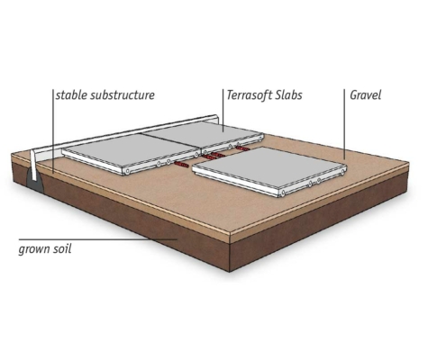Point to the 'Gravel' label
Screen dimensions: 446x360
pos(365,95)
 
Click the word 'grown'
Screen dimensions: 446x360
pos(33,249)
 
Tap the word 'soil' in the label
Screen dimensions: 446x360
pos(61,248)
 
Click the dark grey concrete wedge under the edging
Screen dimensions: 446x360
pos(35,180)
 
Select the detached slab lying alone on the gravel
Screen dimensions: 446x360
pos(269,170)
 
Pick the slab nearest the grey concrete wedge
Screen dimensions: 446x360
pos(131,153)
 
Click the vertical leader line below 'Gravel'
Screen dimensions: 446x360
pos(344,123)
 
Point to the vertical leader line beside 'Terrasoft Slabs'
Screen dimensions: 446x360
pos(223,110)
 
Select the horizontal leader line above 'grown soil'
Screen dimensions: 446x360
pos(97,239)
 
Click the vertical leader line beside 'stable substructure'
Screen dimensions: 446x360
pos(53,131)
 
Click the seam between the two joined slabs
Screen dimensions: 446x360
pos(171,140)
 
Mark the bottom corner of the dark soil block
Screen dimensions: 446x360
pos(230,272)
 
